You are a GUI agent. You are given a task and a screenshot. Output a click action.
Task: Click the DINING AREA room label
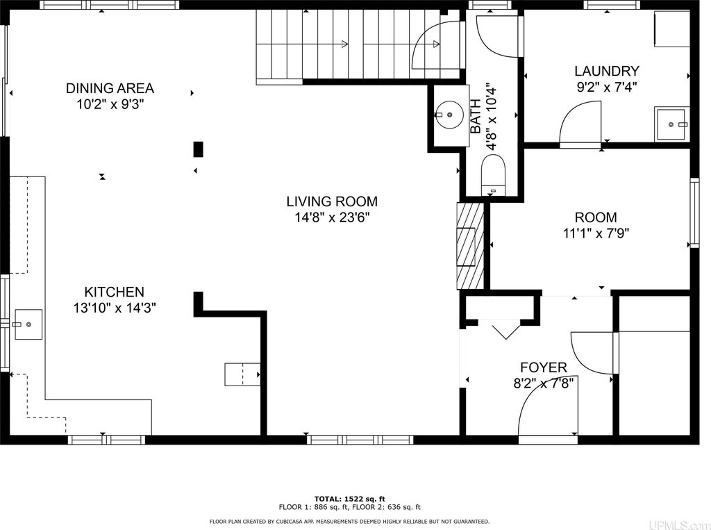tap(110, 88)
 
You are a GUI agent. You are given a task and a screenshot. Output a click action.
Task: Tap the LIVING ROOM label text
tap(332, 201)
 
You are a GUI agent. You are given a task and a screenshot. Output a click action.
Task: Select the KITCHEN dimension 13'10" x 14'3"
tap(115, 308)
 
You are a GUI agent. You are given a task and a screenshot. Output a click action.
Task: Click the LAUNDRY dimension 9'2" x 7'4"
tap(607, 87)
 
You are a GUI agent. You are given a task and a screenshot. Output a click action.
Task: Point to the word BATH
tap(476, 117)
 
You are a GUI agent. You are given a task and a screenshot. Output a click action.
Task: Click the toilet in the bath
tap(493, 174)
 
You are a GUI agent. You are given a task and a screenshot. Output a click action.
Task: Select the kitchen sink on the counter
tap(28, 324)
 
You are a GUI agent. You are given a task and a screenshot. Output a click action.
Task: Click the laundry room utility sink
tap(671, 124)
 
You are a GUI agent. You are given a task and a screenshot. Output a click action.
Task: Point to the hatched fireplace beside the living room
tap(470, 246)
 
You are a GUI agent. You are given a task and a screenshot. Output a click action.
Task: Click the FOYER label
tap(543, 367)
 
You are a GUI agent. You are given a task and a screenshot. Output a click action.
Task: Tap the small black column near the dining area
tap(198, 149)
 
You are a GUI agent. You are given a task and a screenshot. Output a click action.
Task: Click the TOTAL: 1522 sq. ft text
tap(350, 499)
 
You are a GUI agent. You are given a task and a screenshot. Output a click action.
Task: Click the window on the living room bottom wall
tap(360, 440)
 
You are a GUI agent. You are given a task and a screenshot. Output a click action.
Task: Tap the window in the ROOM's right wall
tap(694, 213)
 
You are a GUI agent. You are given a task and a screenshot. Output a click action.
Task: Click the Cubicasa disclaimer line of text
tap(349, 522)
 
